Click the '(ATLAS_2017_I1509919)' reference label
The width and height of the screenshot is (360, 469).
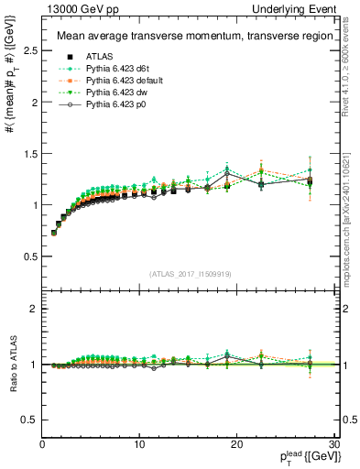point(189,274)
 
